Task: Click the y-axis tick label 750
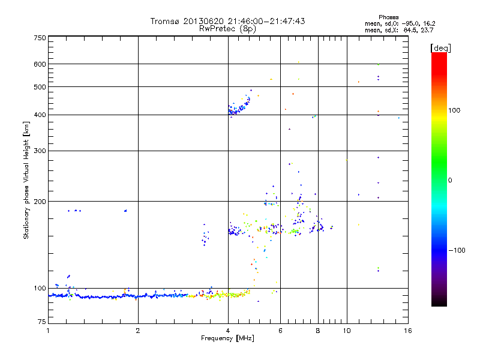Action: point(39,38)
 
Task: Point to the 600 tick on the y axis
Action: point(39,64)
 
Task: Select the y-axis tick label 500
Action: point(39,87)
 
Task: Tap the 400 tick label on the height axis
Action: point(39,115)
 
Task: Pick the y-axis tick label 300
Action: point(39,151)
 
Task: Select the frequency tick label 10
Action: point(346,331)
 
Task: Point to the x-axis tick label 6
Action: point(280,331)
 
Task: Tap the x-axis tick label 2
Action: point(138,331)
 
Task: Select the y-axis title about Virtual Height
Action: point(26,180)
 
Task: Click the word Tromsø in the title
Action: point(165,21)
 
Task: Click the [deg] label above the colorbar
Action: point(440,47)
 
